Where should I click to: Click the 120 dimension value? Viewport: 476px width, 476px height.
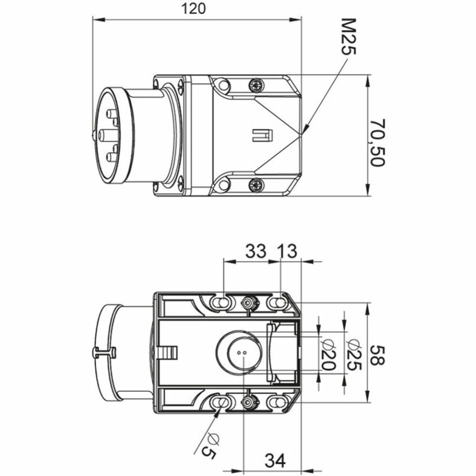(193, 8)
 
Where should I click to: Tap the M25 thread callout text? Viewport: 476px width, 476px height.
(348, 36)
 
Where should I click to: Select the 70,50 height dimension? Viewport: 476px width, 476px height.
(378, 142)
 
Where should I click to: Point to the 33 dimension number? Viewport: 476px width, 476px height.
(256, 251)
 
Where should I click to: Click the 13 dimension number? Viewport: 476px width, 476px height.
(288, 251)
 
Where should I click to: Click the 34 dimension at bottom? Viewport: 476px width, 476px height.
(275, 461)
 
